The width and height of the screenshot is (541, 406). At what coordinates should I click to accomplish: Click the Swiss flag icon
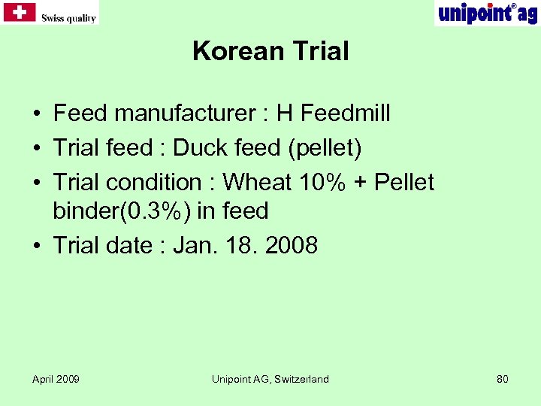click(20, 12)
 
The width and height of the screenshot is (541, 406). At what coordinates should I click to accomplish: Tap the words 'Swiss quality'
click(68, 18)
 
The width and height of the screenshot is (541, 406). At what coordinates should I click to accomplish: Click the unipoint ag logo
click(486, 13)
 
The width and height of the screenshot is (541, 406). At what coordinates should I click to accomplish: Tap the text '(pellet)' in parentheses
click(323, 148)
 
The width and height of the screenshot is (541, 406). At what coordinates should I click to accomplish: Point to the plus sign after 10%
click(358, 183)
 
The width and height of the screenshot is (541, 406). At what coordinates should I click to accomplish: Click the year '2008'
click(290, 245)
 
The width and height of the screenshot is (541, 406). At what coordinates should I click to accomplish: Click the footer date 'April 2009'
click(56, 379)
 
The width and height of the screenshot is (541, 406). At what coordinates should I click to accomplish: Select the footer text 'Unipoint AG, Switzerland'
click(270, 379)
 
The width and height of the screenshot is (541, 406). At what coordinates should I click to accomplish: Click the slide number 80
click(502, 379)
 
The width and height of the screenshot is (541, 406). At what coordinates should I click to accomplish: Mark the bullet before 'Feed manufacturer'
click(36, 114)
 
